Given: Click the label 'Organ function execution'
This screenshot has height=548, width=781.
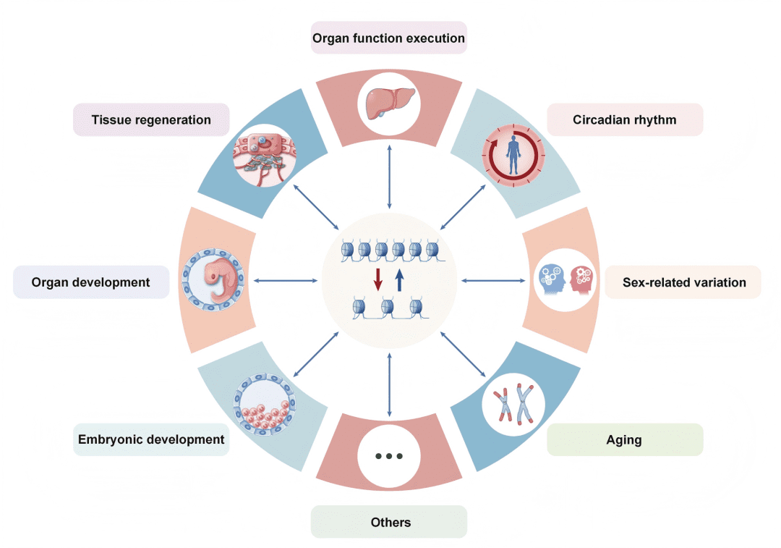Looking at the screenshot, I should pos(389,38).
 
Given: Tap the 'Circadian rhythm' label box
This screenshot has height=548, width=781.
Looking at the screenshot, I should pos(625,119).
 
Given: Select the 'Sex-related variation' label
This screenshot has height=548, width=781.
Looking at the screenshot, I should pos(684,282).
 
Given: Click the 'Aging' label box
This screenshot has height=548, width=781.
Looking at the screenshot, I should pos(625,439).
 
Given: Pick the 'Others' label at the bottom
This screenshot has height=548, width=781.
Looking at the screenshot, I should pos(389,522).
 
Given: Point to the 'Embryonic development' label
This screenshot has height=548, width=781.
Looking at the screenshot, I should pos(151,439).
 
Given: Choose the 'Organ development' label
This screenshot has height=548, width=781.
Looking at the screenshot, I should pos(91,282).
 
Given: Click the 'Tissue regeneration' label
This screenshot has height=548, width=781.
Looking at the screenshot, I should pos(151,119).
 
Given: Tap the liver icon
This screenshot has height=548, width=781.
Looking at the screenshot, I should pos(389,102).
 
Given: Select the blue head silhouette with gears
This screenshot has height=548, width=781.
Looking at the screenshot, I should pos(551,279).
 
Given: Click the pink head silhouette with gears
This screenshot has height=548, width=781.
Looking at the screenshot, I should pos(581,279).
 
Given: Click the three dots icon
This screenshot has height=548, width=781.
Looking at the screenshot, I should pos(389,457).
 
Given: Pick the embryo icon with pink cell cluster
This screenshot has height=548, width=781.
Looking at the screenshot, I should pos(264,406).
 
